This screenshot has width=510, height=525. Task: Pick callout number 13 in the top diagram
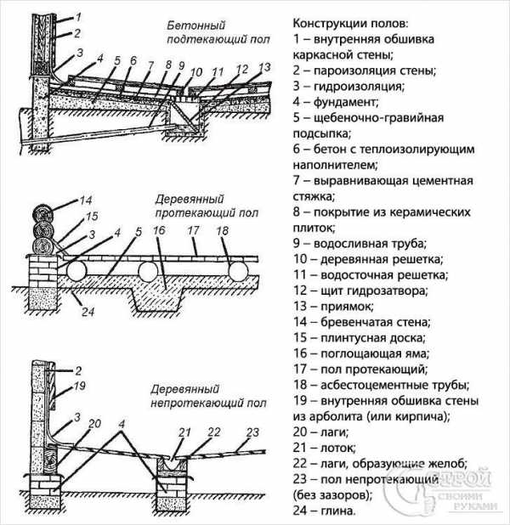(263, 66)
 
